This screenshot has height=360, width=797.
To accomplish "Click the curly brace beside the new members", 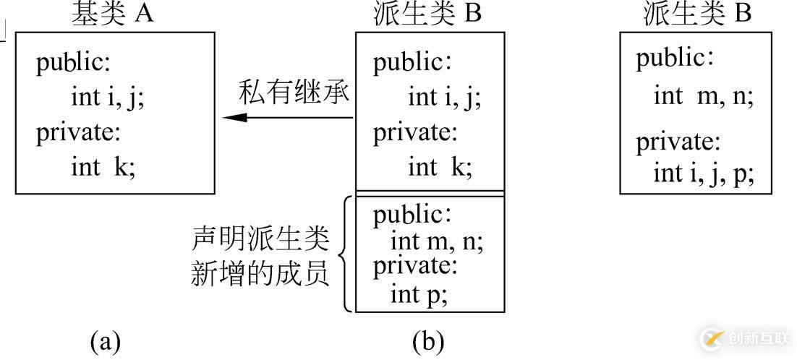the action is click(346, 253).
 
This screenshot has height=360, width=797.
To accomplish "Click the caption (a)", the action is click(105, 342).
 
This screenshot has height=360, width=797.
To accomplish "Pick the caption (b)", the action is click(428, 342).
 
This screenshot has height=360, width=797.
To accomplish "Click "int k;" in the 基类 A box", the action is click(103, 166).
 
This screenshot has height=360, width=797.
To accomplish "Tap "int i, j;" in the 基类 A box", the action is click(108, 98).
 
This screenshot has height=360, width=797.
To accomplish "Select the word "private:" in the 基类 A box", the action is click(78, 133).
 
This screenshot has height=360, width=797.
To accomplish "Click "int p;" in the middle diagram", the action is click(419, 295).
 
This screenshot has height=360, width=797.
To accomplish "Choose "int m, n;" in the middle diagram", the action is click(437, 242).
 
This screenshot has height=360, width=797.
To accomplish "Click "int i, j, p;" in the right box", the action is click(704, 173).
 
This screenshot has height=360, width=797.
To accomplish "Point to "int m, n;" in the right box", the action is click(704, 96).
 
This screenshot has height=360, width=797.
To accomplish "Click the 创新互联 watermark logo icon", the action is click(712, 338).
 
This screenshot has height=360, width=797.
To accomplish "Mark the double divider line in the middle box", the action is click(430, 193).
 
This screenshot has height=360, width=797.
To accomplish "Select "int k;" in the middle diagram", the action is click(440, 166).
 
